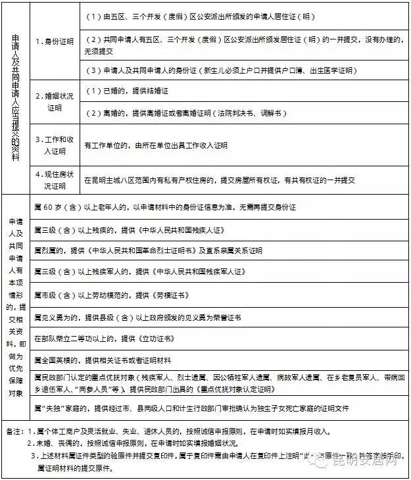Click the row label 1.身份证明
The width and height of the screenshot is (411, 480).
[x=54, y=41]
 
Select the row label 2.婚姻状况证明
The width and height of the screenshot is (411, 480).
[x=54, y=101]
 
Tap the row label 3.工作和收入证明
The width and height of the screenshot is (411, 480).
[x=54, y=146]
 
